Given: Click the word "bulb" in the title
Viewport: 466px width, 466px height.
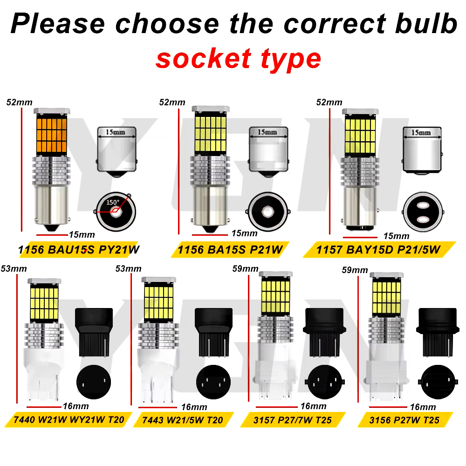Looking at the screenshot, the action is [426, 23].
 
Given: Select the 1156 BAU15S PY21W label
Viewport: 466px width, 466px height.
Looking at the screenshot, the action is [78, 250].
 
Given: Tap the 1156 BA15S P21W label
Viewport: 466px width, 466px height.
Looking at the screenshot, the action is [230, 250].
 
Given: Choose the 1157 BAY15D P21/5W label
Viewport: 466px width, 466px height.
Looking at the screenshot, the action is [378, 250].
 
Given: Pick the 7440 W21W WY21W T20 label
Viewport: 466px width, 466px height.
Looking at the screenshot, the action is [69, 420].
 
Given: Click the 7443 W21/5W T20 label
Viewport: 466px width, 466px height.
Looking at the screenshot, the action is [183, 420].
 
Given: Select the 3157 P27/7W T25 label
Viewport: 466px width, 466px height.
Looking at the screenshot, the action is [293, 420].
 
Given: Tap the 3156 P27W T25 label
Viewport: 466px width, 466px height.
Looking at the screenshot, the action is [404, 420].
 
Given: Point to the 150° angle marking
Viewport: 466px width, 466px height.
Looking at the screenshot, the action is [113, 202].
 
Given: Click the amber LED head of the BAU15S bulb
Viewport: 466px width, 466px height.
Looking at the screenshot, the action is [51, 135].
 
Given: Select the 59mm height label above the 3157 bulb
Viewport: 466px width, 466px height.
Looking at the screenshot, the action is [245, 269].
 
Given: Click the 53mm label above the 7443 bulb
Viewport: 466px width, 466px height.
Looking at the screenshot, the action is [129, 269].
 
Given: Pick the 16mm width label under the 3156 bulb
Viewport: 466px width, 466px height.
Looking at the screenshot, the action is [423, 407].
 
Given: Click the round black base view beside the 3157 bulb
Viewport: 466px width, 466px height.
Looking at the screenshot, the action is [325, 382].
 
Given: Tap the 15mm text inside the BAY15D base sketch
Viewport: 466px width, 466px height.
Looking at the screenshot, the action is [421, 132].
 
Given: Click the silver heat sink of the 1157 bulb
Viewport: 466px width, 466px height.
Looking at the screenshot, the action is [360, 172].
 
